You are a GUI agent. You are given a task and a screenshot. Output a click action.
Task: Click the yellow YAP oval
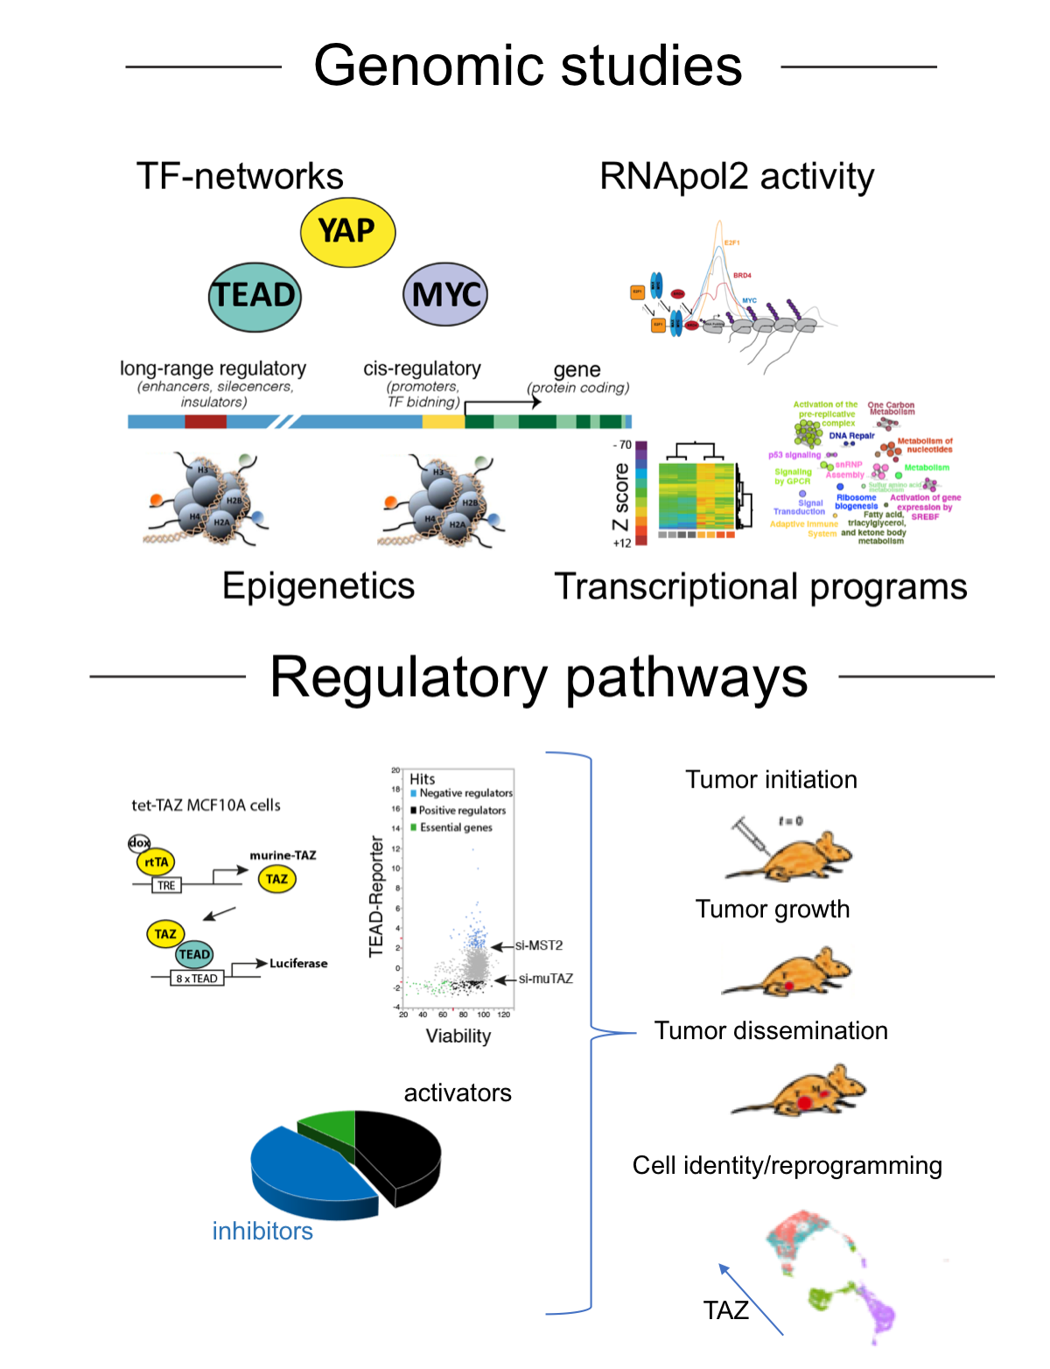coord(347,232)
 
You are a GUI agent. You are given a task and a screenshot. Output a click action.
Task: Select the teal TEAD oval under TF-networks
coord(255,296)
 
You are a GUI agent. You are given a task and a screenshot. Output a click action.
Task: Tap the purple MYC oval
coord(445,294)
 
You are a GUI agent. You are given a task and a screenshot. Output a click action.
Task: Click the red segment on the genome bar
coord(206,422)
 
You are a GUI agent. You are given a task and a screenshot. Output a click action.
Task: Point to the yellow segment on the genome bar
coord(443,422)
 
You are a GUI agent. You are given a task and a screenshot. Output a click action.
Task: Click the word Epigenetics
coord(318,586)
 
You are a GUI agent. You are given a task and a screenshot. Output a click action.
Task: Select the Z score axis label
coord(620,496)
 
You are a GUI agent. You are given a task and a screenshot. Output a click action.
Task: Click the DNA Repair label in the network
coord(851,435)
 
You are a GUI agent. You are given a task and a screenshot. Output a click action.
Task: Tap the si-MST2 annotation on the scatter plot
coord(538,945)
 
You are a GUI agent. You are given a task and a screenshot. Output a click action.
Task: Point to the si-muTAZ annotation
coord(545,979)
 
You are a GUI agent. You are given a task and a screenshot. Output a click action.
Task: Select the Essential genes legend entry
coord(455,827)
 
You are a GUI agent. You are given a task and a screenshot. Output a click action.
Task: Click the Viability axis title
coord(458,1036)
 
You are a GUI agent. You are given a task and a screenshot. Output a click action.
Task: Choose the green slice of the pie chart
coord(328,1129)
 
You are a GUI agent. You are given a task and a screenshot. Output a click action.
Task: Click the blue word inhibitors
coord(262,1232)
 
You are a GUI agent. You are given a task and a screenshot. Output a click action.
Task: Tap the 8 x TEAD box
coord(197,979)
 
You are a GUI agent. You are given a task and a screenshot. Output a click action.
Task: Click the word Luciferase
coord(298,963)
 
